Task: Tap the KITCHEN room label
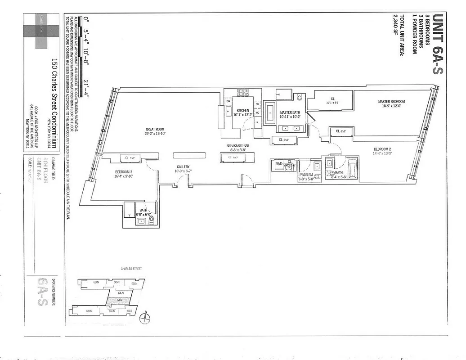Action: coord(243,111)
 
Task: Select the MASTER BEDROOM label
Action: coord(391,102)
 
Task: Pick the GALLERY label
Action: coord(183,167)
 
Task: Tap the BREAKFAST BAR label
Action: coord(235,146)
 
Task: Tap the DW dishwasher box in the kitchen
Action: coord(229,101)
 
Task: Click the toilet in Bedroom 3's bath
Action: coord(151,220)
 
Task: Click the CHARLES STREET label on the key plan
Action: coord(131,269)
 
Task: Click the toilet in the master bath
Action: coord(300,96)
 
